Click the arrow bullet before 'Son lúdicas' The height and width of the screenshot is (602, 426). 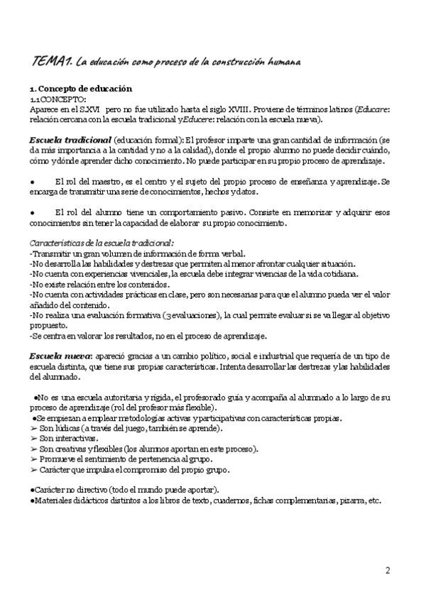point(33,429)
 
